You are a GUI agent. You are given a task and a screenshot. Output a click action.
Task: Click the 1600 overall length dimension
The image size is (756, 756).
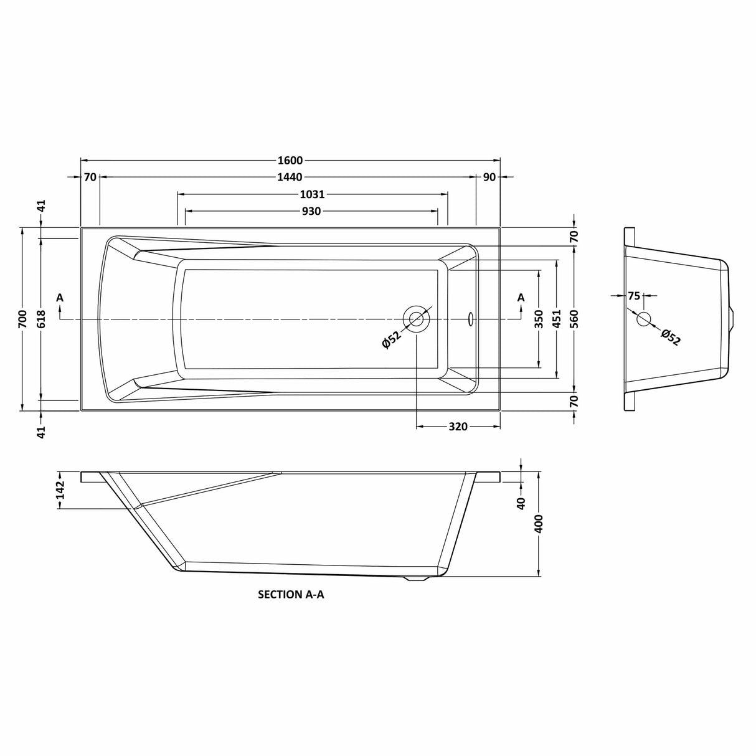click(290, 160)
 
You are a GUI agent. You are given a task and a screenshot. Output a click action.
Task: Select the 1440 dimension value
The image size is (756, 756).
click(290, 177)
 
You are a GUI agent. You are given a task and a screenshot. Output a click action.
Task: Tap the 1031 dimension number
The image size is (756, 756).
click(313, 194)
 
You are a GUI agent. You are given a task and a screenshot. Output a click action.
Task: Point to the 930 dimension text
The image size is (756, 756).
click(311, 211)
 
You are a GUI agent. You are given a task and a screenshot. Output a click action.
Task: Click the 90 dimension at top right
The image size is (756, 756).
click(489, 177)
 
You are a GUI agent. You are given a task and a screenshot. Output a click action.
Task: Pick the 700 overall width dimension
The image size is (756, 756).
click(23, 319)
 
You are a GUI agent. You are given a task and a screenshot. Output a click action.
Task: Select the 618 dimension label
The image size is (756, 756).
click(42, 319)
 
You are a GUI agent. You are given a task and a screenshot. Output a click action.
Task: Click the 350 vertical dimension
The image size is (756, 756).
click(539, 319)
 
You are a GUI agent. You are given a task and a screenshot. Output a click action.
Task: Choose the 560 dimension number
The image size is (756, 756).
click(574, 319)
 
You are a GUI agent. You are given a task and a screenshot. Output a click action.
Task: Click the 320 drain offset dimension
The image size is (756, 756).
click(458, 427)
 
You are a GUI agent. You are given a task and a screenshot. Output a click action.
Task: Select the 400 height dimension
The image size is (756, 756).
click(539, 524)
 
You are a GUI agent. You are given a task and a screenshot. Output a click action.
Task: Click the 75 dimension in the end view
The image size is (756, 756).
click(634, 296)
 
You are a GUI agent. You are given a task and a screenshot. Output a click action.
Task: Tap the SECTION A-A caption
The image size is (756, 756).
click(291, 594)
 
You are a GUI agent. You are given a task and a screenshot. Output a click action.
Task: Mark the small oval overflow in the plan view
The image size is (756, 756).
click(471, 319)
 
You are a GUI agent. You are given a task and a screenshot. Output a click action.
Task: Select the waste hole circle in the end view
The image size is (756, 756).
click(644, 319)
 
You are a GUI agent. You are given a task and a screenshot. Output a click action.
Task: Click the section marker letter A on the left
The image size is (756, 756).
click(60, 298)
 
